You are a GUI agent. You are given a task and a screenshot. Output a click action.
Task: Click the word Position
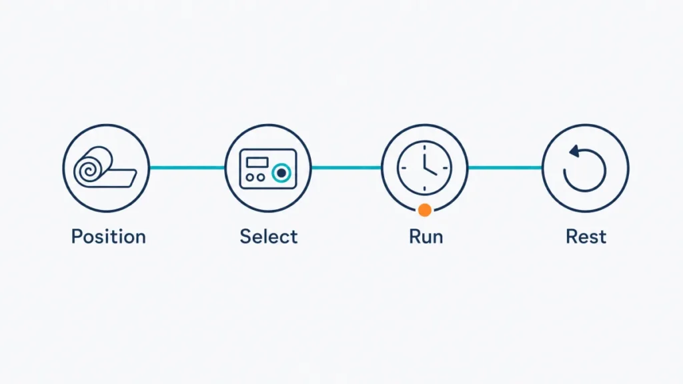pyautogui.click(x=109, y=237)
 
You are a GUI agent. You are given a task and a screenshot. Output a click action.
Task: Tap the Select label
pyautogui.click(x=269, y=237)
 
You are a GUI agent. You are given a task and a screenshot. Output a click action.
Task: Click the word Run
pyautogui.click(x=426, y=237)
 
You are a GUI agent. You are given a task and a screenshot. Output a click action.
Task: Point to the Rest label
pyautogui.click(x=586, y=237)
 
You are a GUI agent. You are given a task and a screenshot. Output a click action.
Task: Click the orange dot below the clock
pyautogui.click(x=425, y=210)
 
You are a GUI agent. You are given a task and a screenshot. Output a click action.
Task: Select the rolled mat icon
pyautogui.click(x=105, y=167)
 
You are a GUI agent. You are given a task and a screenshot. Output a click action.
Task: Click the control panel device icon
pyautogui.click(x=268, y=169)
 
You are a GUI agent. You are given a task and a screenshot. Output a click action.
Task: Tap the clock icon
pyautogui.click(x=425, y=167)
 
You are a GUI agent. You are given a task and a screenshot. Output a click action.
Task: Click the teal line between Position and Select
pyautogui.click(x=187, y=167)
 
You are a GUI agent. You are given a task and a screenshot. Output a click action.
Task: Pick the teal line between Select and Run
pyautogui.click(x=346, y=167)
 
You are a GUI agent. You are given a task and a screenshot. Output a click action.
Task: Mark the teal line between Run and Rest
pyautogui.click(x=505, y=167)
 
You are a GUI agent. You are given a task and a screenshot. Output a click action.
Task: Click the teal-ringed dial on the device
pyautogui.click(x=281, y=173)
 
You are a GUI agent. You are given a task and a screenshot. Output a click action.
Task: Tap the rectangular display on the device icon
pyautogui.click(x=257, y=162)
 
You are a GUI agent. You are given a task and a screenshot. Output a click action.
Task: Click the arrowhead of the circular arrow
pyautogui.click(x=574, y=151)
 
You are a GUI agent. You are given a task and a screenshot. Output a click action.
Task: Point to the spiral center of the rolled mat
pyautogui.click(x=89, y=170)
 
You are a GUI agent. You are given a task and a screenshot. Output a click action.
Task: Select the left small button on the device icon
pyautogui.click(x=249, y=177)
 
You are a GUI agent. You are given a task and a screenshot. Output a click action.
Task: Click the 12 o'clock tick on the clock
pyautogui.click(x=425, y=147)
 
